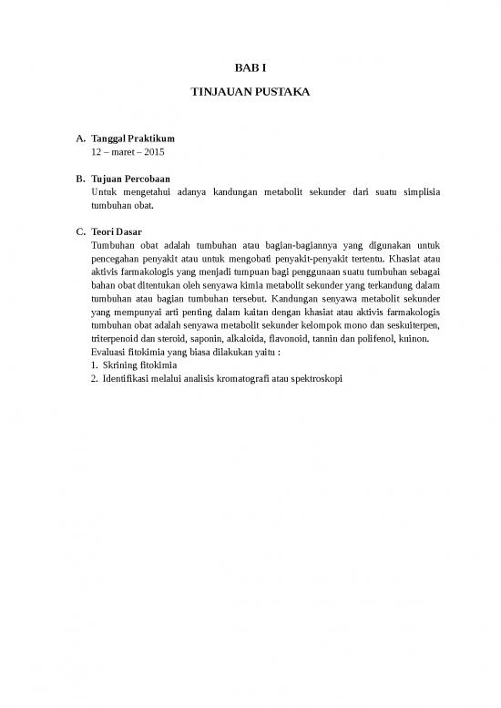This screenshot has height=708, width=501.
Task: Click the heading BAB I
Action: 250,68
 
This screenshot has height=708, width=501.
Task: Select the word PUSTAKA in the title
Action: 282,93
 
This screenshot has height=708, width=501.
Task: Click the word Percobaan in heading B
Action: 147,179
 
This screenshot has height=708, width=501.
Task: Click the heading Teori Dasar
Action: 117,232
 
